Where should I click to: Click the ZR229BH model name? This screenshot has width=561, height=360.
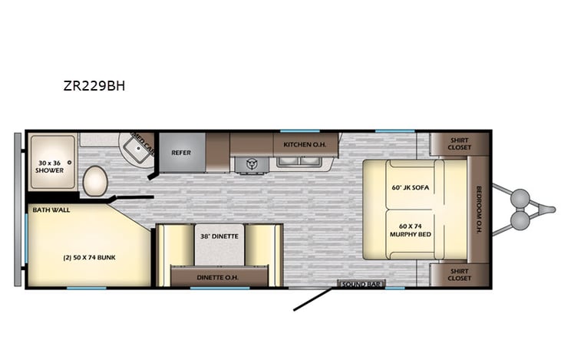click(94, 86)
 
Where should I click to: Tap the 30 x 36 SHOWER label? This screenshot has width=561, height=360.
click(49, 166)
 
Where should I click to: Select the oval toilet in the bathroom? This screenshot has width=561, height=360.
click(95, 180)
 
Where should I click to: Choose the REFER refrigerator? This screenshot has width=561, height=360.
click(181, 152)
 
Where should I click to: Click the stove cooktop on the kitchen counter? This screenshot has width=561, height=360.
click(251, 163)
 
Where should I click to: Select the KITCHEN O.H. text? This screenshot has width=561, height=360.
click(300, 144)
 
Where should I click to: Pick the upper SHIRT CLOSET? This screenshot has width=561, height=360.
click(460, 144)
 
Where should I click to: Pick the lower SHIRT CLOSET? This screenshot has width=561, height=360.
click(460, 273)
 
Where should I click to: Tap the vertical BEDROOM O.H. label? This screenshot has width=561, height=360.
click(478, 209)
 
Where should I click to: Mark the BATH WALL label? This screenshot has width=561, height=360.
click(47, 209)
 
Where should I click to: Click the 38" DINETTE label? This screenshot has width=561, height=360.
click(219, 236)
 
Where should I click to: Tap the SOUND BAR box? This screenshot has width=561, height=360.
click(361, 285)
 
